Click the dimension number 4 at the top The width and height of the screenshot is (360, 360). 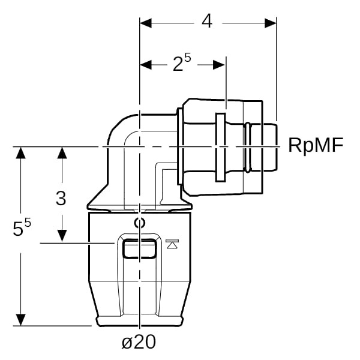207,22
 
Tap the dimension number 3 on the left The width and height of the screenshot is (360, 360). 61,198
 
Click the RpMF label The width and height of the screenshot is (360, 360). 316,145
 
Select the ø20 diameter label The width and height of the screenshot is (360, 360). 139,342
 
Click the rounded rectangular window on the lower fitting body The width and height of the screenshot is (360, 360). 139,247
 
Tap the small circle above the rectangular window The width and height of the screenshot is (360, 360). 139,223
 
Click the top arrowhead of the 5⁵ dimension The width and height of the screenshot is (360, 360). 22,152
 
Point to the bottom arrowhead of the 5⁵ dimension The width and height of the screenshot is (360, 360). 22,320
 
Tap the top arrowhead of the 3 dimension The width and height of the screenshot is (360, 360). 61,152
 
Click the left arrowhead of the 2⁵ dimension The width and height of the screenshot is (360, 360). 145,64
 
